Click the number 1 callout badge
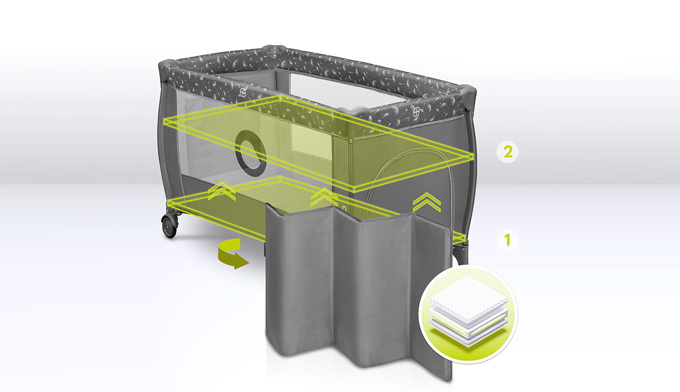[x=507, y=240]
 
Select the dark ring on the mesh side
[x=251, y=154]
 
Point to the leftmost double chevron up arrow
[x=222, y=191]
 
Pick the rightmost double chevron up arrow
[x=427, y=202]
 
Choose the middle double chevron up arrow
[x=324, y=198]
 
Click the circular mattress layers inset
[x=468, y=315]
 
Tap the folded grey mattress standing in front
[x=358, y=291]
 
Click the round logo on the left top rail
[x=243, y=93]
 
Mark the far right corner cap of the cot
[x=468, y=91]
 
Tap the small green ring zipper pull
[x=344, y=208]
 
